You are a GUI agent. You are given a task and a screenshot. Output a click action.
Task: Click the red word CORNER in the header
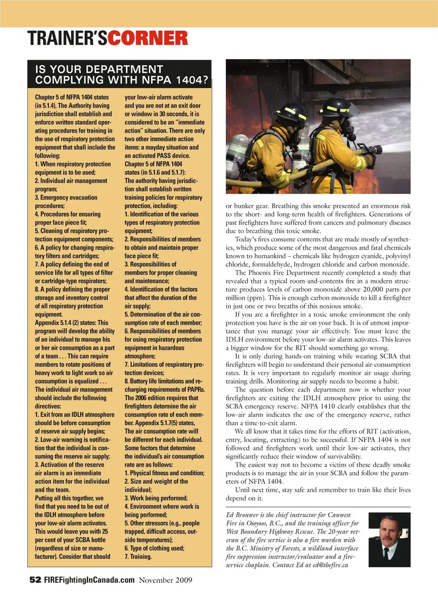pyautogui.click(x=148, y=38)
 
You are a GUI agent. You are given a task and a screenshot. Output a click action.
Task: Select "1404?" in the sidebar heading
pyautogui.click(x=192, y=80)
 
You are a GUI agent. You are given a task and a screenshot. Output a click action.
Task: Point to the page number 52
pyautogui.click(x=35, y=580)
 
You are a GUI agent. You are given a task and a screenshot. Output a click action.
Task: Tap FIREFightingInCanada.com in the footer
pyautogui.click(x=89, y=580)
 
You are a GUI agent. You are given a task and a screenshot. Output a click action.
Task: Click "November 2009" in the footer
pyautogui.click(x=166, y=580)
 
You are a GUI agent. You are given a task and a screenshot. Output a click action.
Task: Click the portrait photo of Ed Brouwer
pyautogui.click(x=389, y=539)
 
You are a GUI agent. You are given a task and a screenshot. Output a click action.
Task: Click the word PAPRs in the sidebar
pyautogui.click(x=195, y=390)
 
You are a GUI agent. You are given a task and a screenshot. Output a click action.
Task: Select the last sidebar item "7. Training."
pyautogui.click(x=138, y=557)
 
